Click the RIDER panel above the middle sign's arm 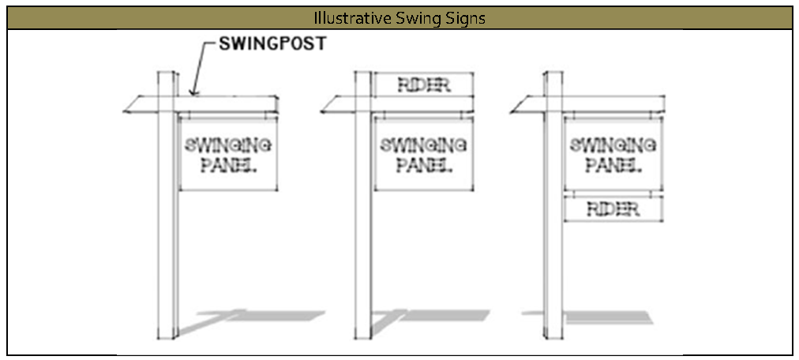coord(423,85)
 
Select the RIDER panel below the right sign coord(613,209)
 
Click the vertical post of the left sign coord(166,237)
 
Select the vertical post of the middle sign coord(362,237)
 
